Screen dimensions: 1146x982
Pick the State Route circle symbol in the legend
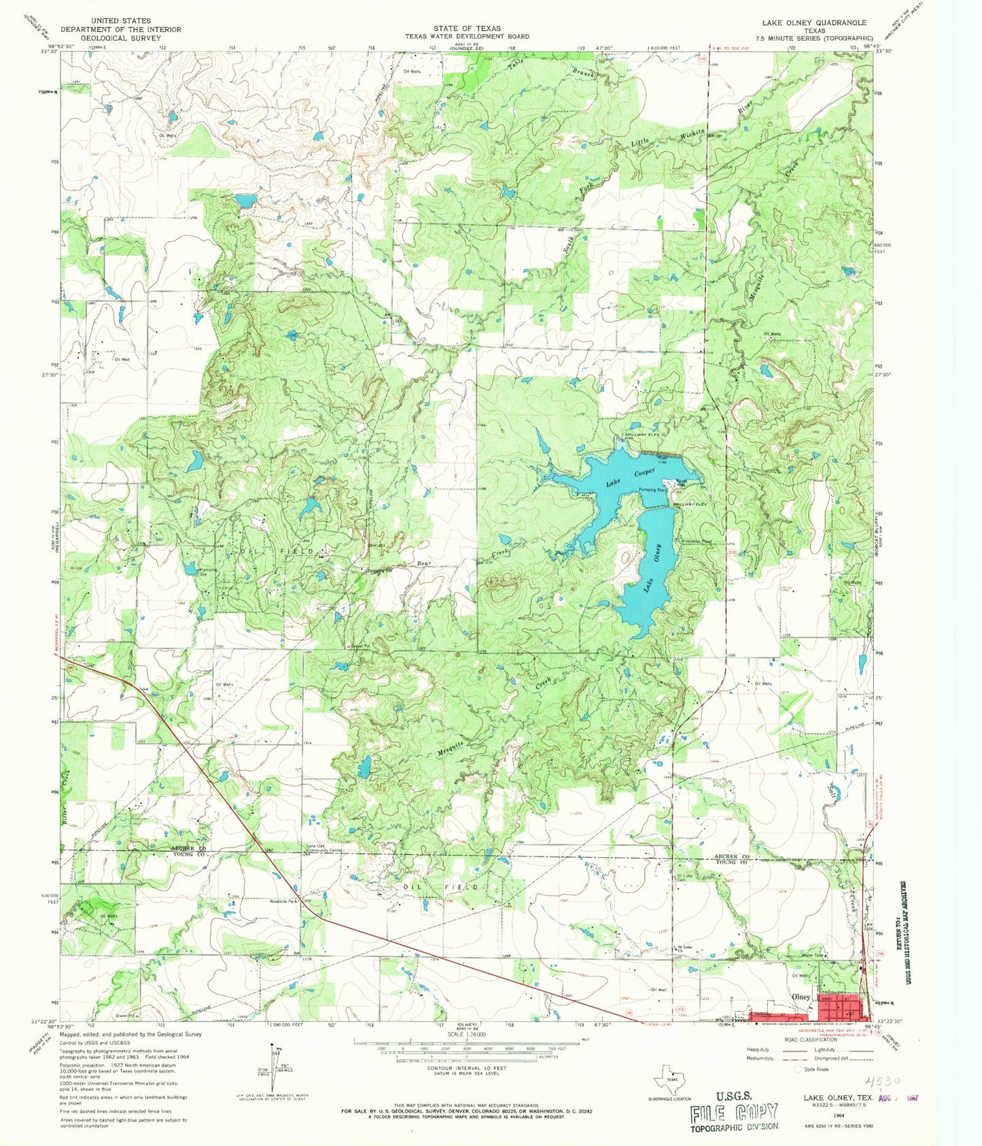(x=799, y=1069)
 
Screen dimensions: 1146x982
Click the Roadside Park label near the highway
(x=284, y=902)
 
